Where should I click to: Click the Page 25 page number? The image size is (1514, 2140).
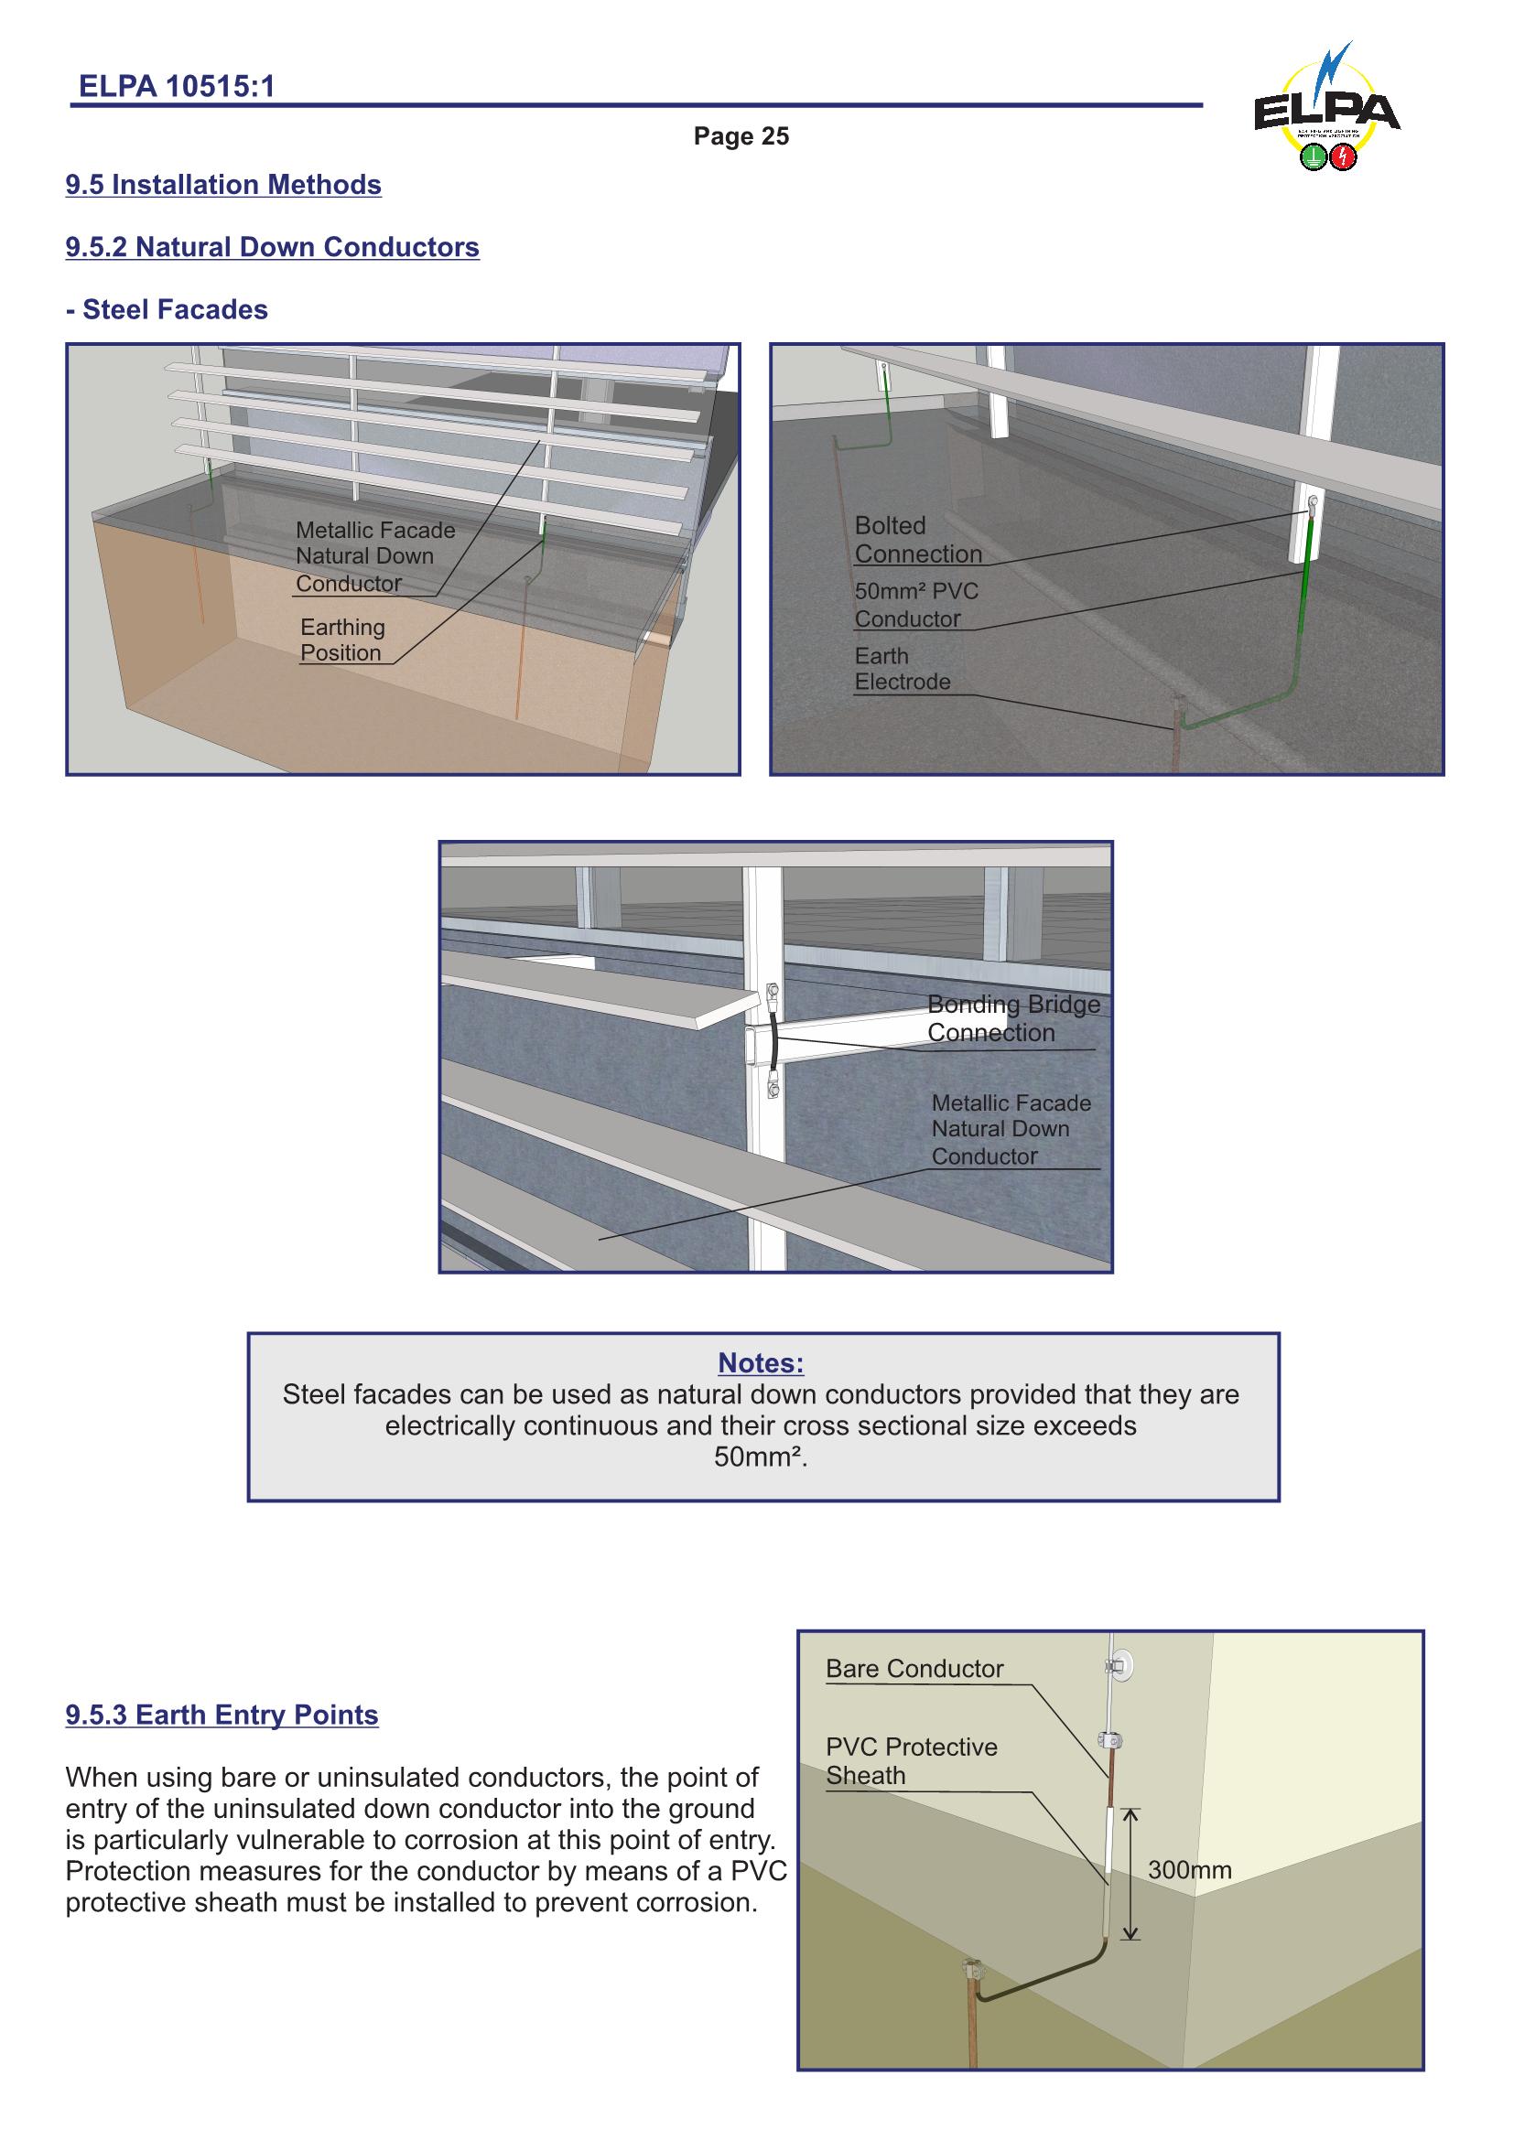click(741, 136)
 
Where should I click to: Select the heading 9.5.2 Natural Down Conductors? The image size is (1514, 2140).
click(272, 247)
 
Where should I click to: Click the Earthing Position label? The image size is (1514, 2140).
click(341, 640)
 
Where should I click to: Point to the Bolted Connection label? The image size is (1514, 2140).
click(917, 540)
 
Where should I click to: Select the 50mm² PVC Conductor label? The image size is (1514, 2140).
click(915, 605)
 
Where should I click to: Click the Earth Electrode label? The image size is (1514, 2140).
click(902, 669)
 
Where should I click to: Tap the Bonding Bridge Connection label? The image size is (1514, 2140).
click(1012, 1018)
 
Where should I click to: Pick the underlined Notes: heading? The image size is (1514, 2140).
click(761, 1362)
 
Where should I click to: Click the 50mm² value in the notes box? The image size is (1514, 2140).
click(759, 1457)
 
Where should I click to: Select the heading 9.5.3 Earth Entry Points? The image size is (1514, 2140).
click(222, 1715)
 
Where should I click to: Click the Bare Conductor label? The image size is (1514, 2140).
click(914, 1669)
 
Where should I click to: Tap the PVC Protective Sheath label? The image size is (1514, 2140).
click(910, 1760)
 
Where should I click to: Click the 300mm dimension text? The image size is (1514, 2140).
click(1189, 1871)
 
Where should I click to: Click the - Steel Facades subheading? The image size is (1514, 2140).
click(167, 309)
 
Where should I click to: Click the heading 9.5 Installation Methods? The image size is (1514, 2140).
click(223, 185)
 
